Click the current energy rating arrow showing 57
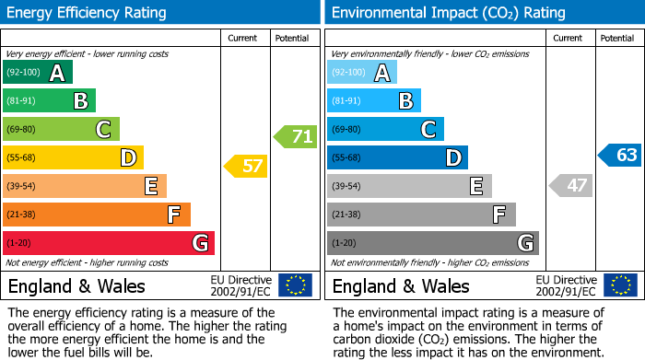tap(245, 167)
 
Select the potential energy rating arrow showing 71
tap(295, 137)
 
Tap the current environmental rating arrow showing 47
tap(570, 185)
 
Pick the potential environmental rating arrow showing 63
tap(619, 156)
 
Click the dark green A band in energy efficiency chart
tap(38, 73)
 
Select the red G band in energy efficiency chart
tap(109, 243)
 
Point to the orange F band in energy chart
tap(97, 215)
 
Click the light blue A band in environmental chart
tap(362, 73)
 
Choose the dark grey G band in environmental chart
tap(432, 243)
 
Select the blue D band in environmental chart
tap(397, 158)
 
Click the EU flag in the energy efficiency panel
tap(295, 285)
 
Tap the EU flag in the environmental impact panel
tap(620, 285)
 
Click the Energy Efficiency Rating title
tap(88, 13)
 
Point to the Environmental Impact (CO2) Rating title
tap(448, 13)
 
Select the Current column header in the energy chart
tap(242, 38)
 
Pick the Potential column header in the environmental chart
tap(616, 38)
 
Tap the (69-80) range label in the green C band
tap(23, 130)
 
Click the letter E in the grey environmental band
tap(475, 187)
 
